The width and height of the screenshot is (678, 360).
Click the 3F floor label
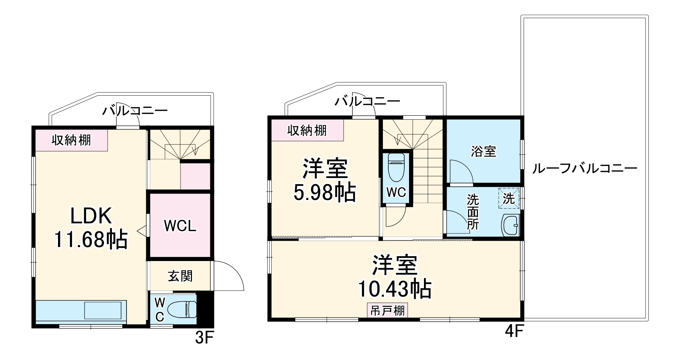coord(205,338)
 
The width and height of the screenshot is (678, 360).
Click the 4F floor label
coord(514,332)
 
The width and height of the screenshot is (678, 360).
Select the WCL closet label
coord(180,226)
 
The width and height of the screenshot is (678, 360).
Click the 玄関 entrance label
coord(180,276)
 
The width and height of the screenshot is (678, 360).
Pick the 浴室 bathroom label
coord(483,151)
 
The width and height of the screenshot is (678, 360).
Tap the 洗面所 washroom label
coord(472,212)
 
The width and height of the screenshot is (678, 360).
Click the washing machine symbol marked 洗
coord(508,198)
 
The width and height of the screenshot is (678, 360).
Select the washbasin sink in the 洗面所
coord(510,224)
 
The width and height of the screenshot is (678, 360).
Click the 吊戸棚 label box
coord(387,311)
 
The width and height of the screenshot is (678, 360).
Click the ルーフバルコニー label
coord(584,168)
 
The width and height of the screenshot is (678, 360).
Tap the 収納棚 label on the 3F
coord(71,140)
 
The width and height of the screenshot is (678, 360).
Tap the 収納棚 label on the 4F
coord(307,130)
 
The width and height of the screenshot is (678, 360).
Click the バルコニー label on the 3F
coord(135,111)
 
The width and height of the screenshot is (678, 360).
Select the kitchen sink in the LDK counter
coord(102,311)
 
